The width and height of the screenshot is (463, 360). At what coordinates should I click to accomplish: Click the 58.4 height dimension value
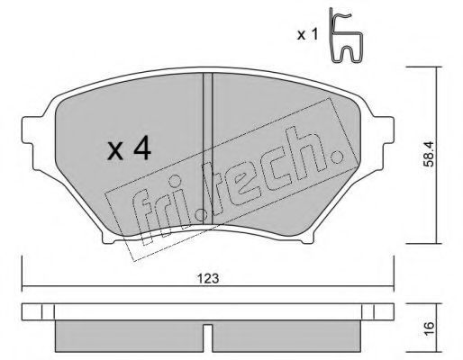click(x=429, y=154)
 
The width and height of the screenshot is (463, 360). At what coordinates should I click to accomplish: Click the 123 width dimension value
click(x=208, y=279)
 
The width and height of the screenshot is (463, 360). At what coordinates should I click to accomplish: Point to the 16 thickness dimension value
click(x=429, y=328)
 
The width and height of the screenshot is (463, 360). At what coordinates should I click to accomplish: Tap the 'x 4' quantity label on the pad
click(x=129, y=148)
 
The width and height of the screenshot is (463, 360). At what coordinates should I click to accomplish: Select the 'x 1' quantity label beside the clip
click(x=307, y=35)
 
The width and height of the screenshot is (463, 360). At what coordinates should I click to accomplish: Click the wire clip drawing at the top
click(x=346, y=35)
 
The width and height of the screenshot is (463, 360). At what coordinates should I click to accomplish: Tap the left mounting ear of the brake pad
click(x=30, y=130)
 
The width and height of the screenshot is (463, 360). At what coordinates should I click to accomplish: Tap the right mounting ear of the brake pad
click(x=386, y=130)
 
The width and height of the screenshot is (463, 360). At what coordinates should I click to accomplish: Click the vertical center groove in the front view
click(x=208, y=148)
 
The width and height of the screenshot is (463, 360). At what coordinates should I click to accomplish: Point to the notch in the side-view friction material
click(x=208, y=337)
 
